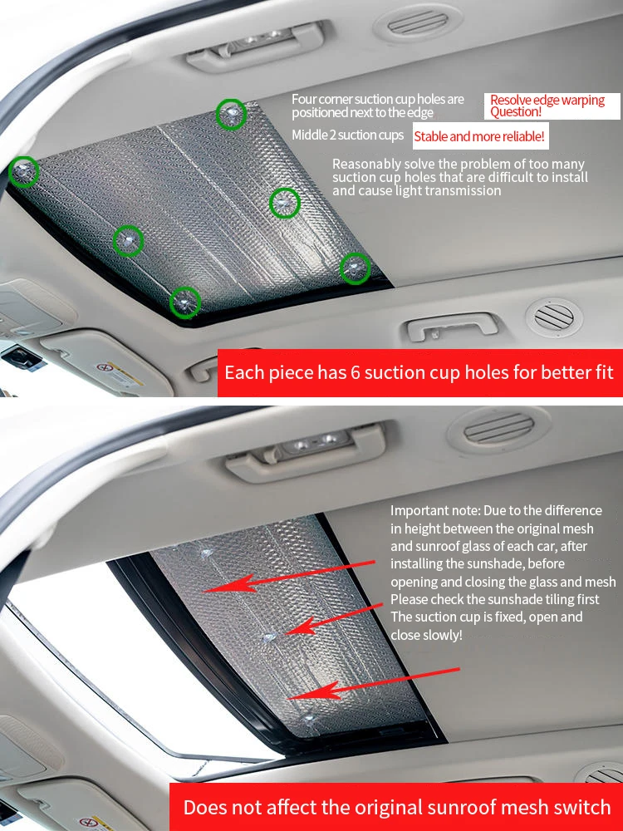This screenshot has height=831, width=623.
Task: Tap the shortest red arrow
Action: (x=335, y=618)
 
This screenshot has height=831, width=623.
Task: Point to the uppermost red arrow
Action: (x=289, y=576)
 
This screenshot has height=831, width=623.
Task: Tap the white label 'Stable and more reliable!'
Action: (x=480, y=137)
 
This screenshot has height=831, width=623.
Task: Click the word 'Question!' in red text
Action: (x=516, y=112)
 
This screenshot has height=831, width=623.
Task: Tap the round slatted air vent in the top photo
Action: (x=553, y=317)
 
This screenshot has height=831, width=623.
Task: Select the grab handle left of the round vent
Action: (x=452, y=326)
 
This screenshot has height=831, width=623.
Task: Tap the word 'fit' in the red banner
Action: (x=602, y=372)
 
